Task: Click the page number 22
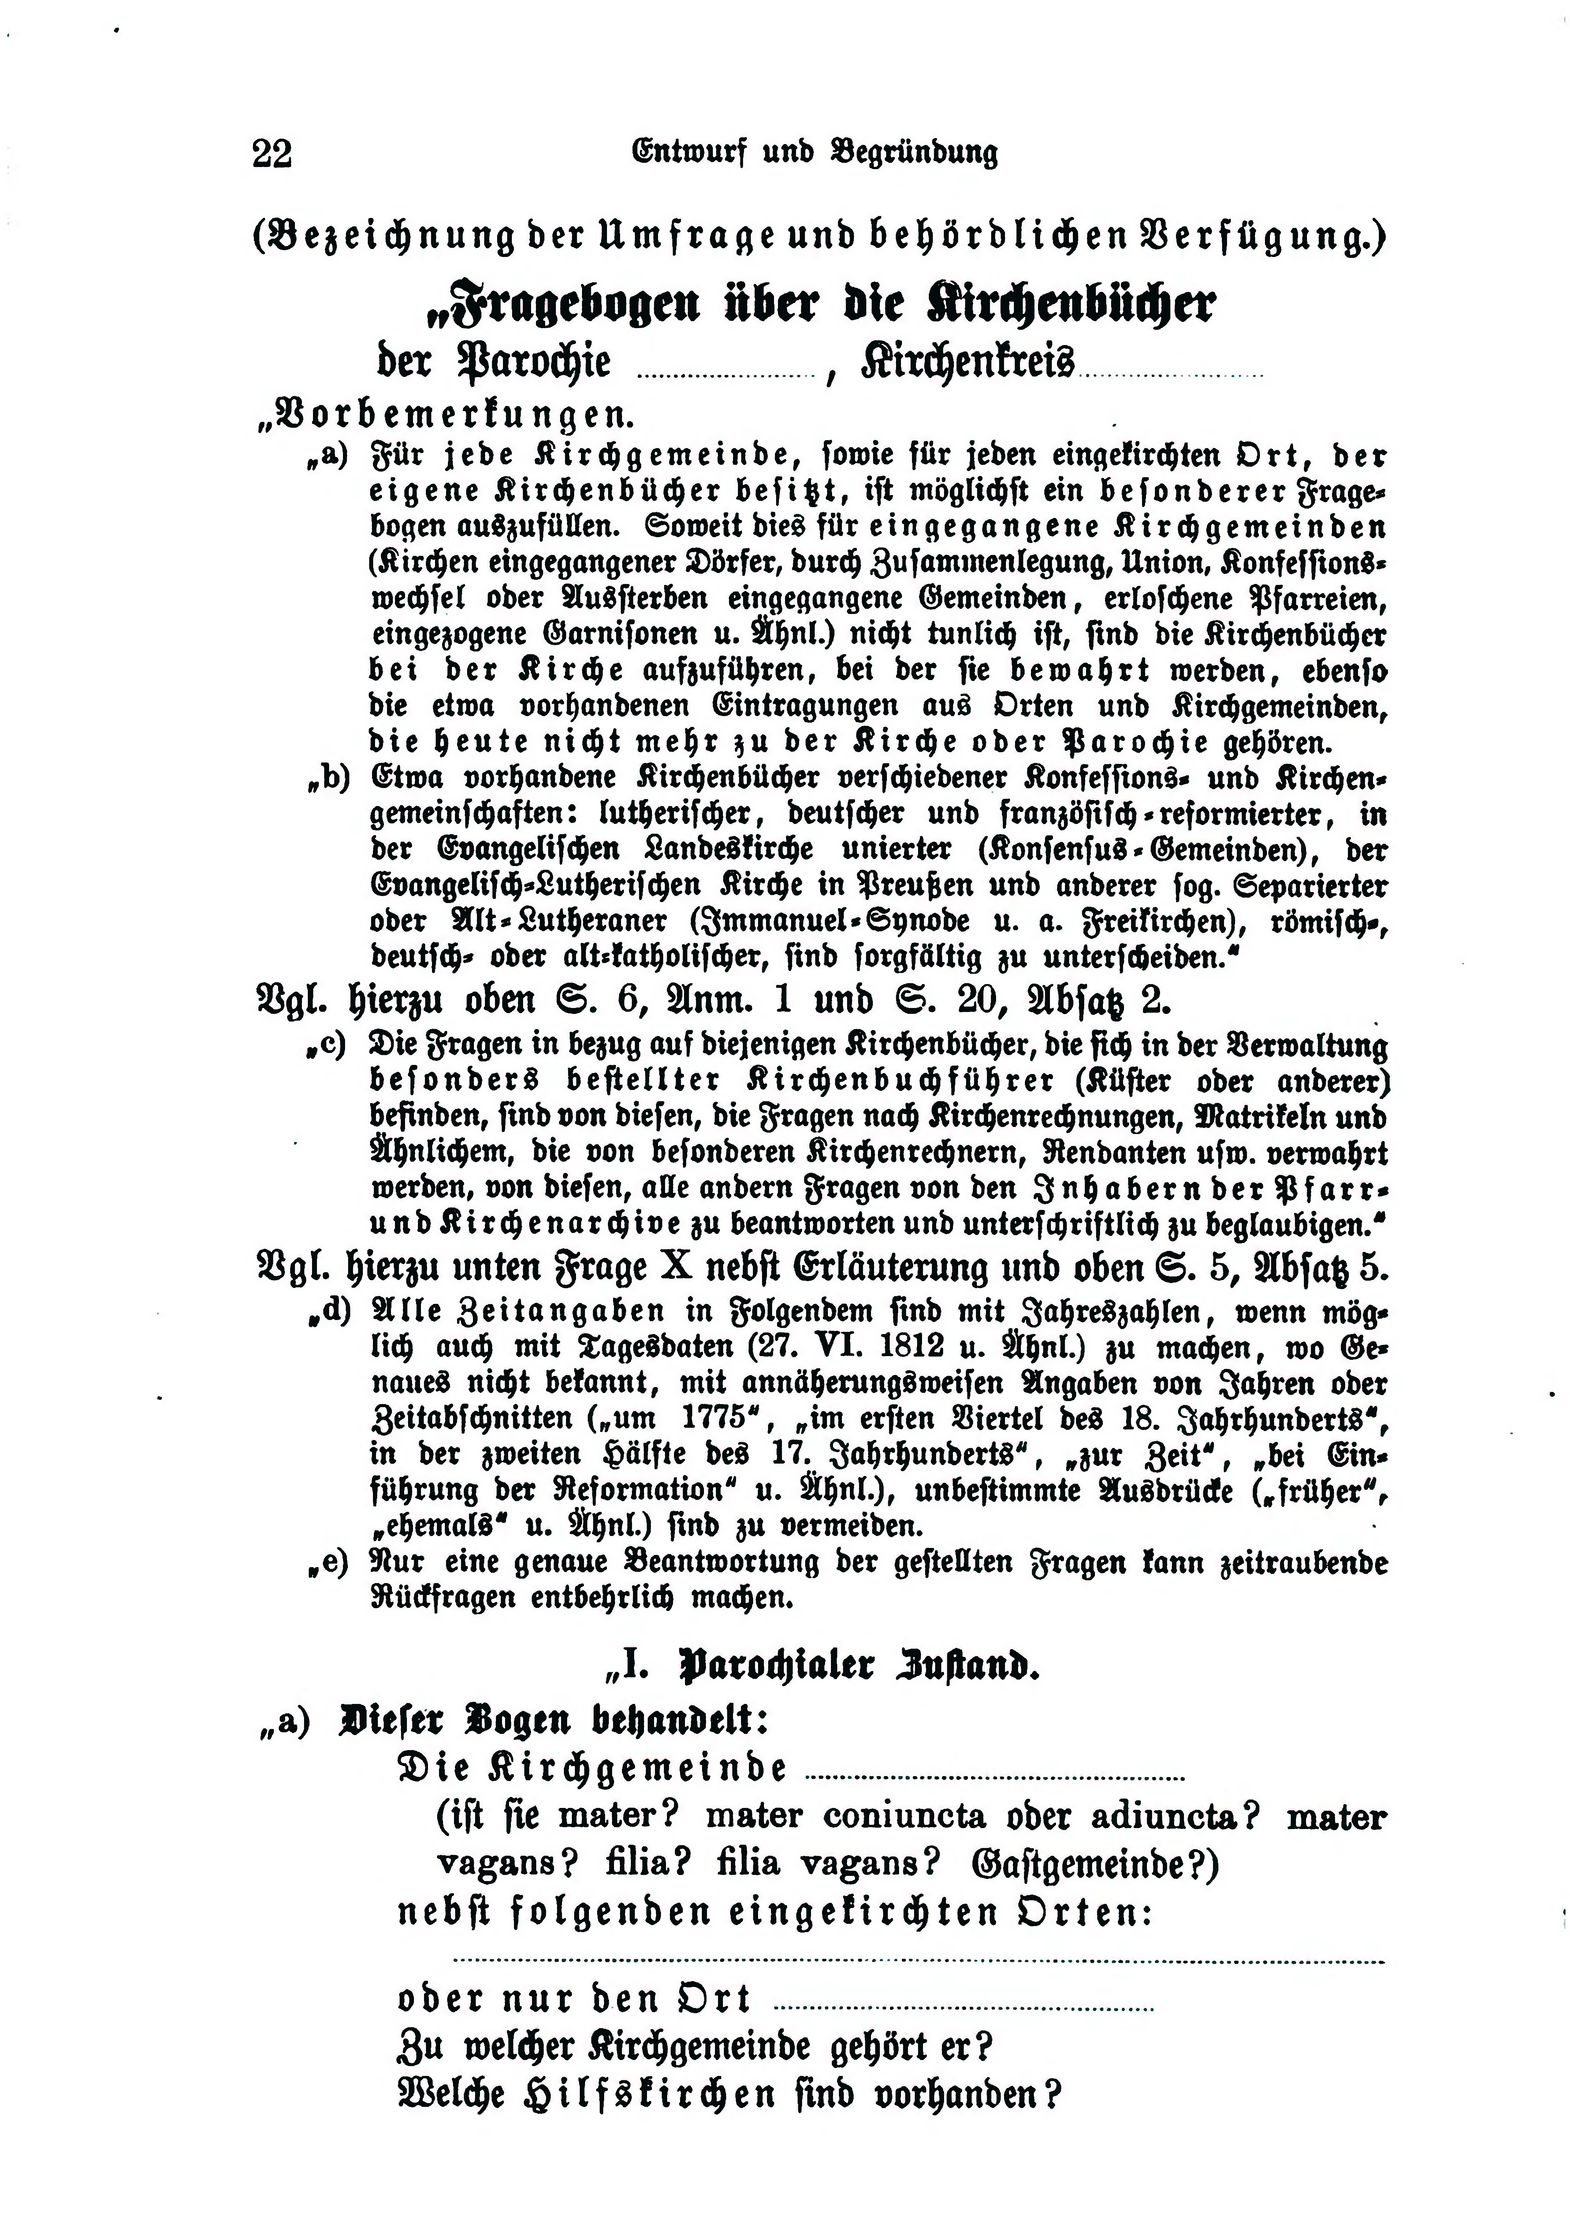pos(272,154)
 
